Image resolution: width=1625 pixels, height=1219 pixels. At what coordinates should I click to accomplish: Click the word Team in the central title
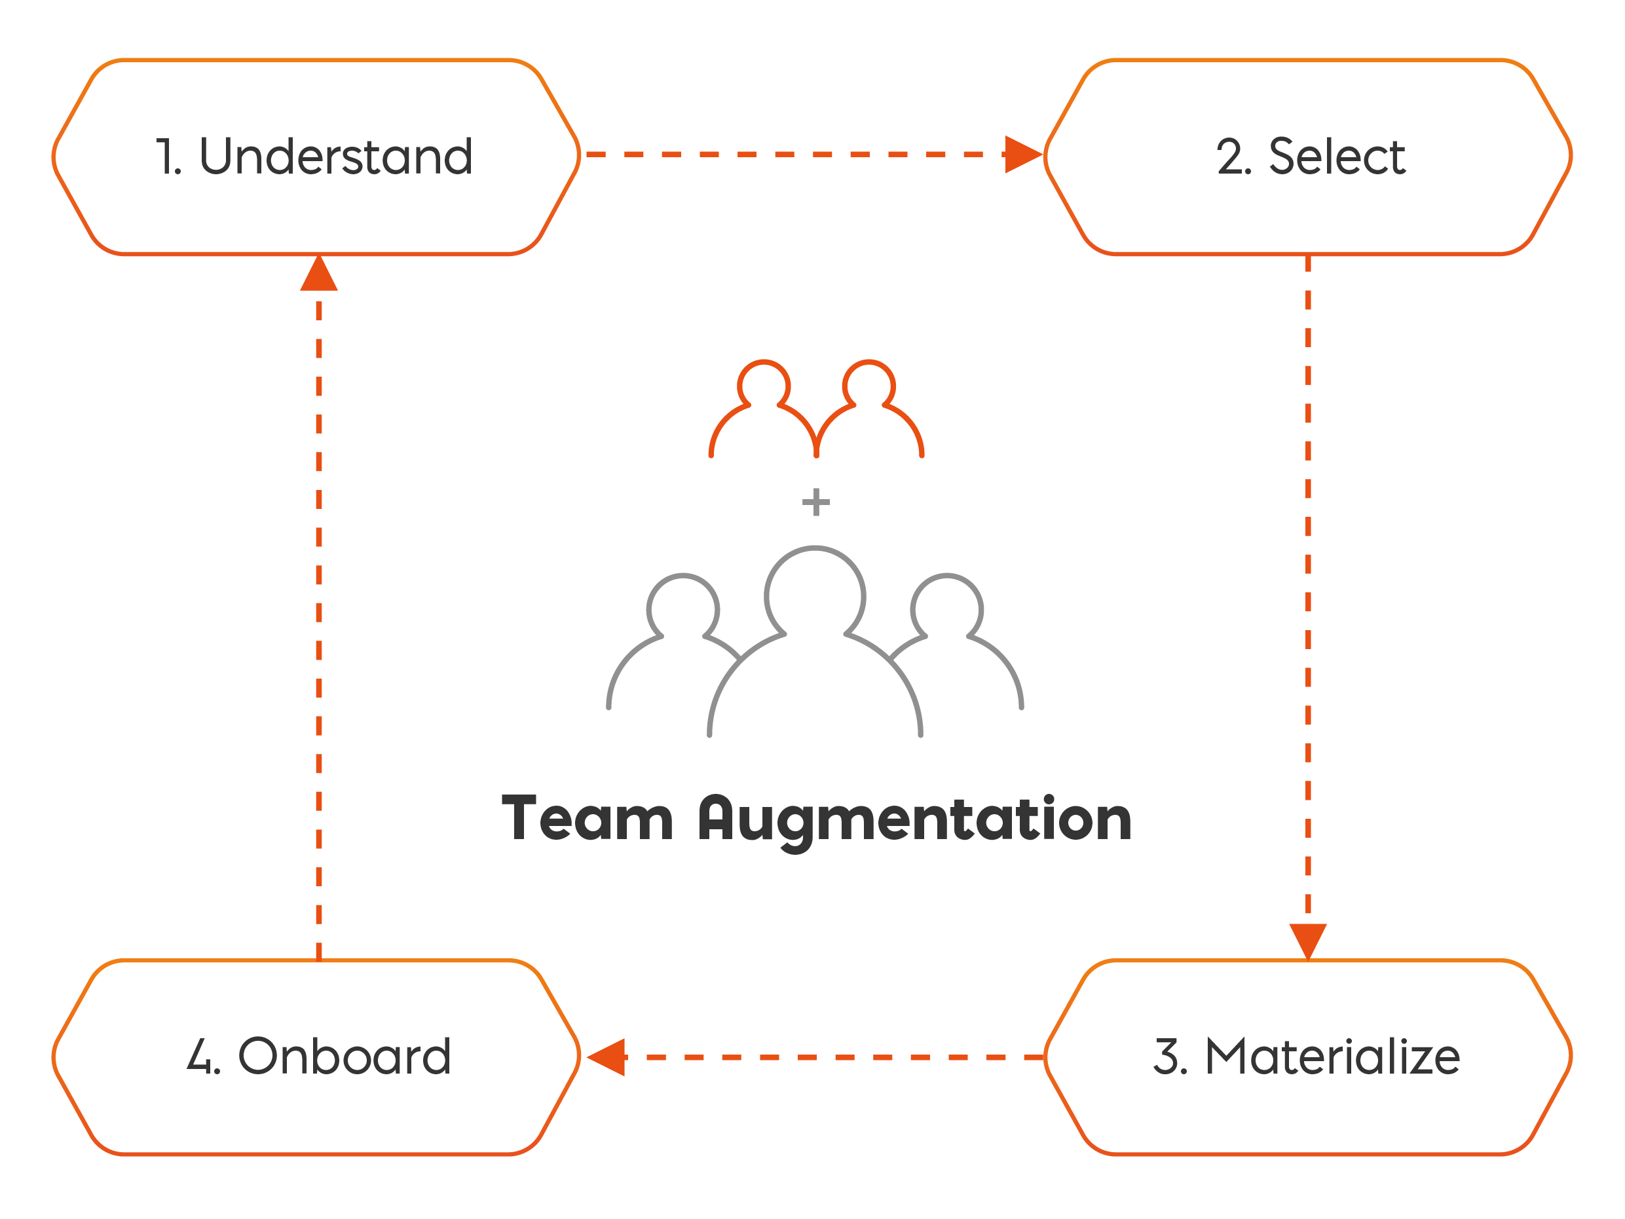(586, 819)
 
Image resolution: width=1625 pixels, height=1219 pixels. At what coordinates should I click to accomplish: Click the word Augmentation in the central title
(914, 820)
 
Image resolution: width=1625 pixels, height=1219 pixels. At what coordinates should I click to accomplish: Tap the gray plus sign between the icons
(815, 502)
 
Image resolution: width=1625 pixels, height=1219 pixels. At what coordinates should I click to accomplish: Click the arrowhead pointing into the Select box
(1022, 155)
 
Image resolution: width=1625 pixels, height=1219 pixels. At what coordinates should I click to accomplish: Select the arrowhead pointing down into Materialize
(1307, 940)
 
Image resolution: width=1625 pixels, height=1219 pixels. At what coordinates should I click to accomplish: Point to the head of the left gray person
(683, 609)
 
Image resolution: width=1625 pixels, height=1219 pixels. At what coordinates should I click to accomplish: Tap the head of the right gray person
(946, 609)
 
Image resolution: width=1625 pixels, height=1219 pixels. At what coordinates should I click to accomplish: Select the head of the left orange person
(764, 384)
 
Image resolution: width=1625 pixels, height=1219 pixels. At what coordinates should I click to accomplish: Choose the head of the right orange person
(869, 384)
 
